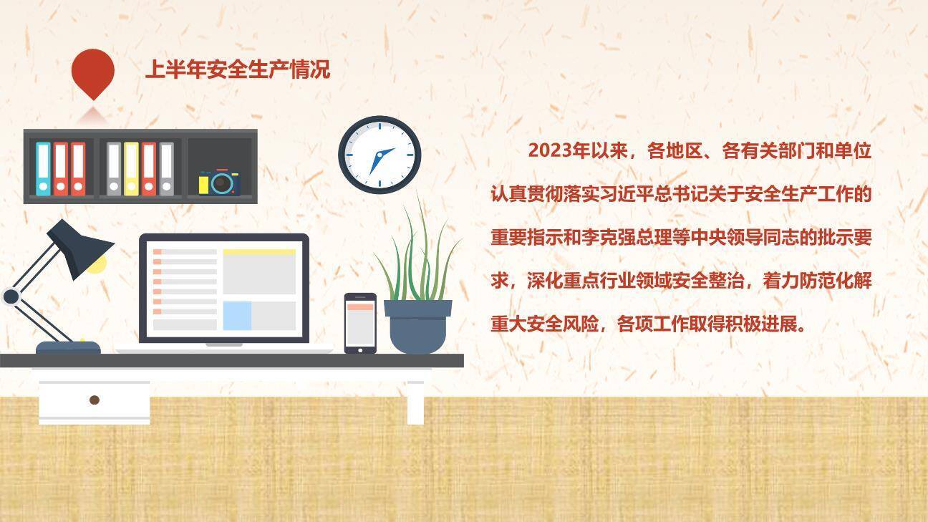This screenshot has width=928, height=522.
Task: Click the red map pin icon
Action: pos(93,72)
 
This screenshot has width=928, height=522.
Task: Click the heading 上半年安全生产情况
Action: pos(237,70)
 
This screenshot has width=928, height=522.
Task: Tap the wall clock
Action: pos(380,155)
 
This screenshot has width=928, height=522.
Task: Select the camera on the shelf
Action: pos(220,182)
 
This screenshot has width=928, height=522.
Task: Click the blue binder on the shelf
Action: pos(44,168)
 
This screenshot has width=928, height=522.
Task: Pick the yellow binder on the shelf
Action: pos(131,168)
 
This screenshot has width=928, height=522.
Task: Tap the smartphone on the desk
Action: pos(360,323)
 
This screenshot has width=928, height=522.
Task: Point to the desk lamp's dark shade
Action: pos(79,247)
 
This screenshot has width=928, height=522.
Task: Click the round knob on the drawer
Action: pos(94,400)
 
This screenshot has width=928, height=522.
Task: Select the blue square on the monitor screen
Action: pos(237,316)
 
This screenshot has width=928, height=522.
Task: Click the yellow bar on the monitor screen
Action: pos(259,252)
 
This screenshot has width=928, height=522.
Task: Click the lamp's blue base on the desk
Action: pos(68,348)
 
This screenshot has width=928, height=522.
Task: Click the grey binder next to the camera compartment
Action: pos(166,168)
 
